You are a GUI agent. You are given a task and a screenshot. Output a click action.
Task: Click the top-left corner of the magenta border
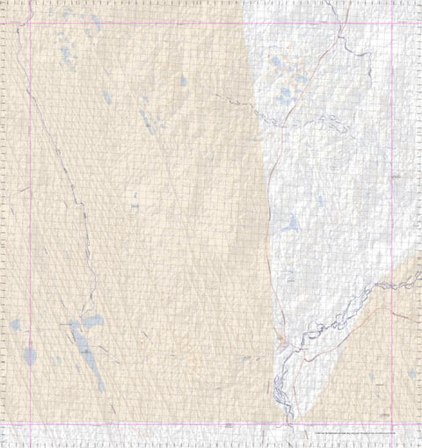coord(29,22)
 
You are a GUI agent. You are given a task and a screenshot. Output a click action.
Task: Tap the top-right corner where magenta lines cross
coord(391,22)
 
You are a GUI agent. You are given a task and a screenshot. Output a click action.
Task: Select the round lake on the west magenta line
coord(30,357)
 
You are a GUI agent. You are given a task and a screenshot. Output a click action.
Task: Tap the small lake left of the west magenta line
coord(16,326)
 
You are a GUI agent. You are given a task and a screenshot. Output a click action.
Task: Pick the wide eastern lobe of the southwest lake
coord(93,322)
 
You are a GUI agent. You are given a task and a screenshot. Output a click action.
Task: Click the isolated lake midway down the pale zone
coord(288,224)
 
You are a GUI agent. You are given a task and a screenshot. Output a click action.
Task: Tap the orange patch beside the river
coord(279,338)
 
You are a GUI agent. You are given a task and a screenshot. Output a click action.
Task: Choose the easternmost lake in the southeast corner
coord(412,373)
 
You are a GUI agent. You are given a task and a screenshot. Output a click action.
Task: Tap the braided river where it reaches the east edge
coord(419,274)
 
